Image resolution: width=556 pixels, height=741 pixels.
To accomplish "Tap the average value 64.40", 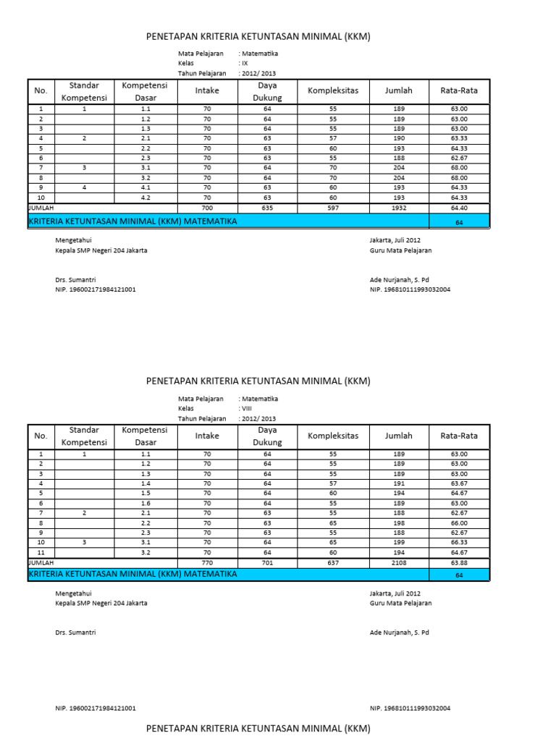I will [459, 207].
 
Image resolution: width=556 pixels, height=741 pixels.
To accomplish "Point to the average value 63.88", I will [459, 561].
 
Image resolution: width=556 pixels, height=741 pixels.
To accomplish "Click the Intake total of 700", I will [207, 207].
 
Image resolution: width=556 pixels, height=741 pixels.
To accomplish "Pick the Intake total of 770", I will [207, 561].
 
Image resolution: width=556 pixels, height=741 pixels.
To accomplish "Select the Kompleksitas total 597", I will [333, 207].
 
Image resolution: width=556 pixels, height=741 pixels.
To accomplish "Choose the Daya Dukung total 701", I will [267, 561].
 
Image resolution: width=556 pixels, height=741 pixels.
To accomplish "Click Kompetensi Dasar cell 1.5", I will [146, 493].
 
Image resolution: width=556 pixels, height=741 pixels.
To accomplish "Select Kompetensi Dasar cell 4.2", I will [146, 197].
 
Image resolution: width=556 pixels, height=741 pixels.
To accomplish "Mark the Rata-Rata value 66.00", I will [459, 522].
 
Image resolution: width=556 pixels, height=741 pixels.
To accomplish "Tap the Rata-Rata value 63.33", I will [459, 138].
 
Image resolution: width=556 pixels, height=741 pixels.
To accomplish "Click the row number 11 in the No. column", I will [41, 551].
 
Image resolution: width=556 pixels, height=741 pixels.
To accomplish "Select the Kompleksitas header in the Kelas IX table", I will [333, 90].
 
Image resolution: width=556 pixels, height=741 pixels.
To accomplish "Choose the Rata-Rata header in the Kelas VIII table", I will [459, 436].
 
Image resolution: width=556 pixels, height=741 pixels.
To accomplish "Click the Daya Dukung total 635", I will [267, 207].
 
